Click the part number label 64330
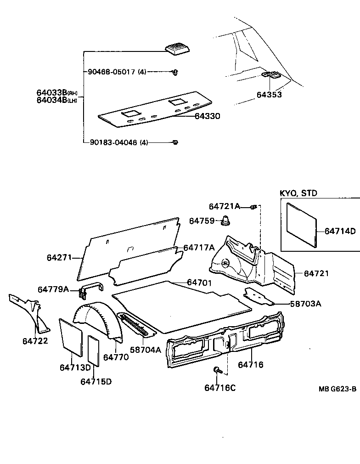click(207, 117)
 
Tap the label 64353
click(269, 95)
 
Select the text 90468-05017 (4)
click(117, 72)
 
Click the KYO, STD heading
click(298, 193)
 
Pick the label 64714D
click(340, 231)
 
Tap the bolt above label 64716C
click(218, 370)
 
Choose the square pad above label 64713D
click(71, 337)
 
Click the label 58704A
click(146, 350)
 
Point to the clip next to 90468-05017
click(175, 72)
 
